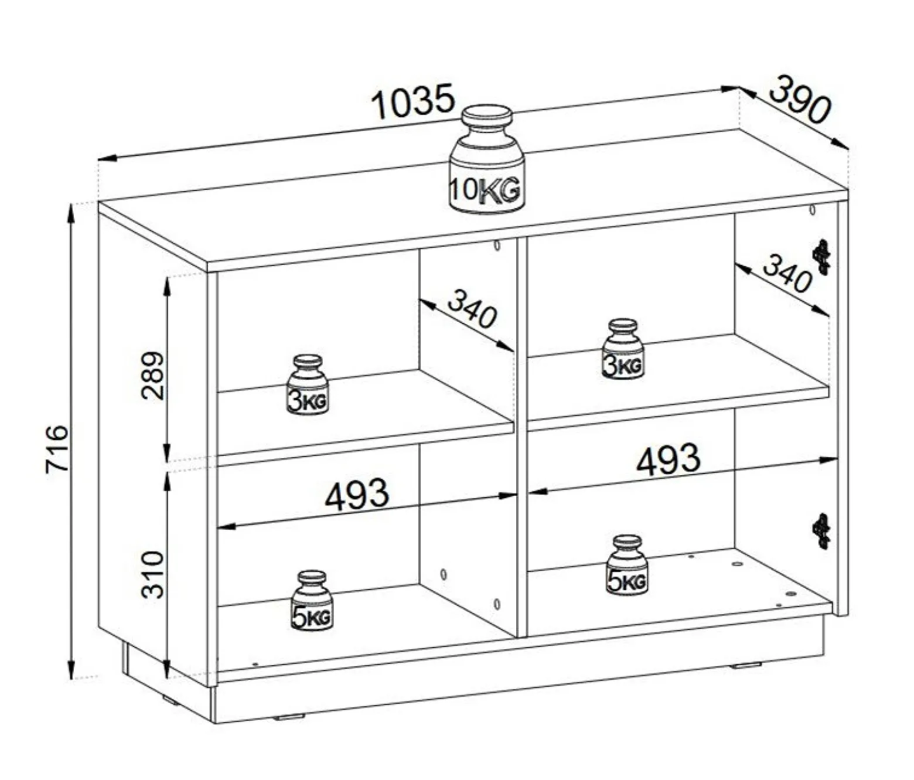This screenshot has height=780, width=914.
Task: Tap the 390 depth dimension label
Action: point(801,105)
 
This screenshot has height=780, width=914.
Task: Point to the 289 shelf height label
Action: point(152,376)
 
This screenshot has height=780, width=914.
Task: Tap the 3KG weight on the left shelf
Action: point(308,384)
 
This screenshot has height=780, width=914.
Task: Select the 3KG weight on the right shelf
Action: point(623,349)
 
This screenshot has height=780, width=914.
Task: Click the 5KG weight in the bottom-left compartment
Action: point(312,600)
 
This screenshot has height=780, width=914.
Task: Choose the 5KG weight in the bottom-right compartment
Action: point(627,564)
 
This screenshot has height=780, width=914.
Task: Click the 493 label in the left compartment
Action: point(357,494)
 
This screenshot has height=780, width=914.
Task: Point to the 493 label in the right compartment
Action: point(669,460)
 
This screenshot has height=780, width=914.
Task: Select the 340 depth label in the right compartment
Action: point(787,274)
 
